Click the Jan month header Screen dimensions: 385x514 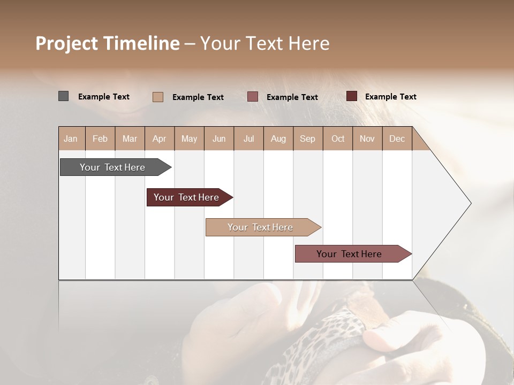coord(71,138)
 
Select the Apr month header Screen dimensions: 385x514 coord(159,138)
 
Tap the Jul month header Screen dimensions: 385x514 coord(248,138)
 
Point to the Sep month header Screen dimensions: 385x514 coord(307,138)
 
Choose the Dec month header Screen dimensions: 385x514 coord(397,138)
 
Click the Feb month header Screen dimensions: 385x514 coord(100,138)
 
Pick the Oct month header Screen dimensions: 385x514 coord(338,138)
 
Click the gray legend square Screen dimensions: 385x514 coord(63,96)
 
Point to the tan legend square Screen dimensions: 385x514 coord(158,97)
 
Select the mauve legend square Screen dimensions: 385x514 coord(253,96)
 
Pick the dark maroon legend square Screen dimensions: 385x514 coord(351,96)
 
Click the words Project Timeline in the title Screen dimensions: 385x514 coord(107,43)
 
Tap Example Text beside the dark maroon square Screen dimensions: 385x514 coord(390,97)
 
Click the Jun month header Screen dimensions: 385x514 coord(219,138)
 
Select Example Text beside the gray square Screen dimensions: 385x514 coord(103,97)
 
